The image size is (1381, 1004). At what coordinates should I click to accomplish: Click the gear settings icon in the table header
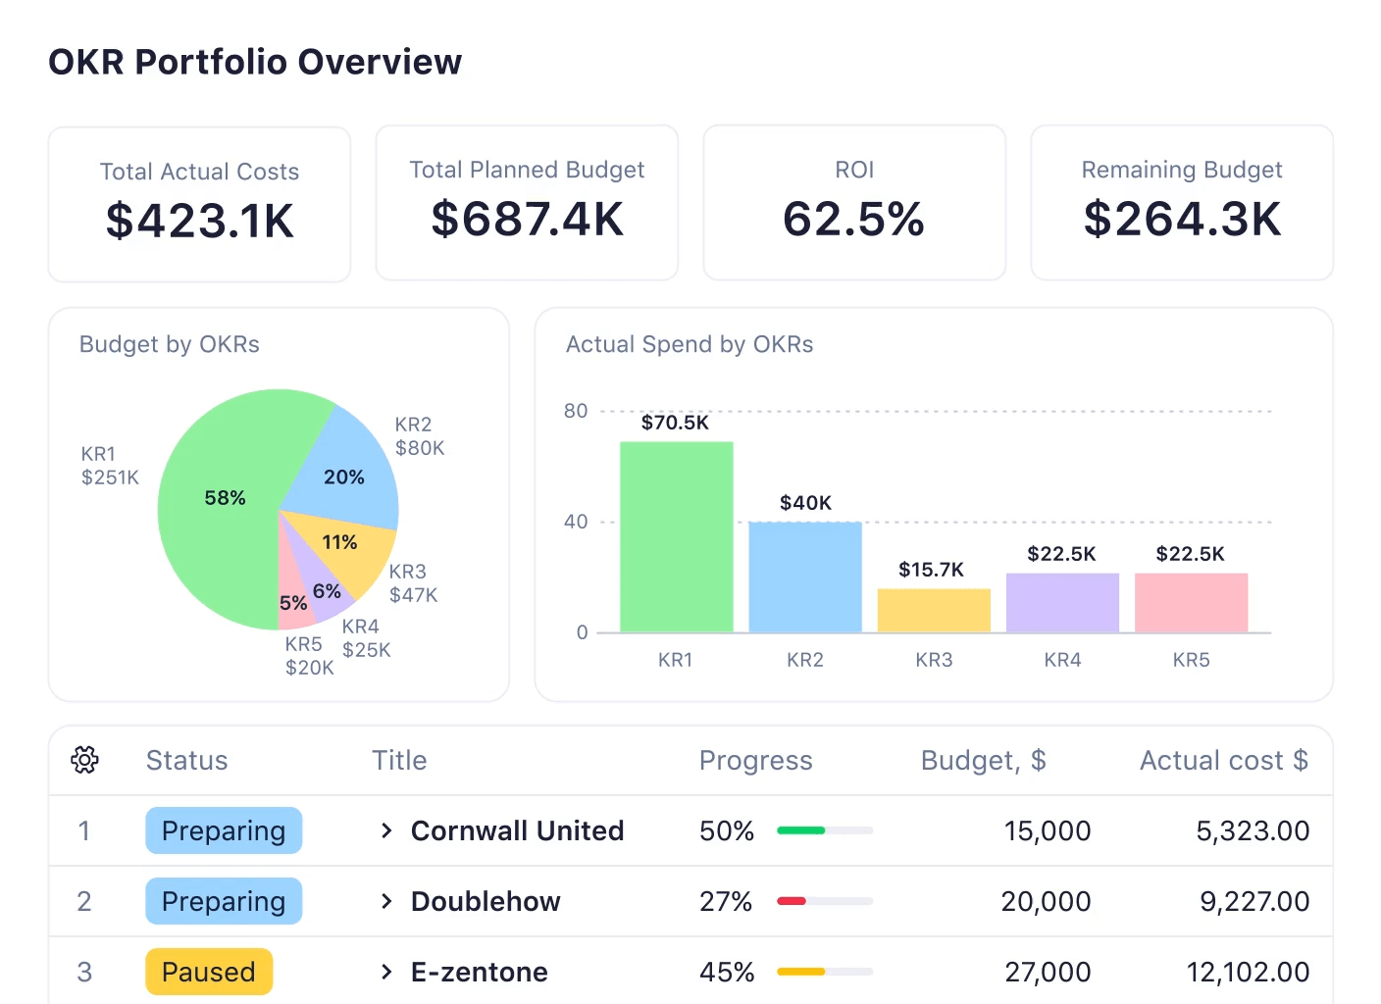pyautogui.click(x=85, y=760)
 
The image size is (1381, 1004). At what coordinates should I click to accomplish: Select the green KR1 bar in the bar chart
pyautogui.click(x=676, y=537)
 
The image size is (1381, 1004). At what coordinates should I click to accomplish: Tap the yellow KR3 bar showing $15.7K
pyautogui.click(x=933, y=610)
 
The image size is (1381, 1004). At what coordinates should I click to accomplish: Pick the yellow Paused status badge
pyautogui.click(x=209, y=972)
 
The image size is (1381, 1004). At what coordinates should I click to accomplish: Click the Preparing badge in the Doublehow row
pyautogui.click(x=224, y=901)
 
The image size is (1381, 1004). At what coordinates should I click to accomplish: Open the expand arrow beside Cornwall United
pyautogui.click(x=386, y=830)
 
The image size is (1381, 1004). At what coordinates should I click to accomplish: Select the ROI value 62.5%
pyautogui.click(x=853, y=219)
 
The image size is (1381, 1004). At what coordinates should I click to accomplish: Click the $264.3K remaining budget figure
pyautogui.click(x=1182, y=219)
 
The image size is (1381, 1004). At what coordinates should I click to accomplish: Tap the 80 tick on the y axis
pyautogui.click(x=576, y=411)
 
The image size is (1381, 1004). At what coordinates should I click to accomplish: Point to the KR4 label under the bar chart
pyautogui.click(x=1062, y=660)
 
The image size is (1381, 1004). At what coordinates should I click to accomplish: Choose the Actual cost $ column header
pyautogui.click(x=1223, y=760)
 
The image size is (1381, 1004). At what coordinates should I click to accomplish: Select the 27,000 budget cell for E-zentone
pyautogui.click(x=1048, y=972)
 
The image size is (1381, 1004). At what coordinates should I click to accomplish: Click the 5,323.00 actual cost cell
pyautogui.click(x=1253, y=830)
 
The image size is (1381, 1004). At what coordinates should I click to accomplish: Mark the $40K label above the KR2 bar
pyautogui.click(x=805, y=503)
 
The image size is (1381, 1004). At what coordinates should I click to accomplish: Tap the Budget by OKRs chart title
pyautogui.click(x=170, y=344)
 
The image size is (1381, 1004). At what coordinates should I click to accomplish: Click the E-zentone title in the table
pyautogui.click(x=479, y=972)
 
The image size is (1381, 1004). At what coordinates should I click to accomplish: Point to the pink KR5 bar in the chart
pyautogui.click(x=1191, y=602)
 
